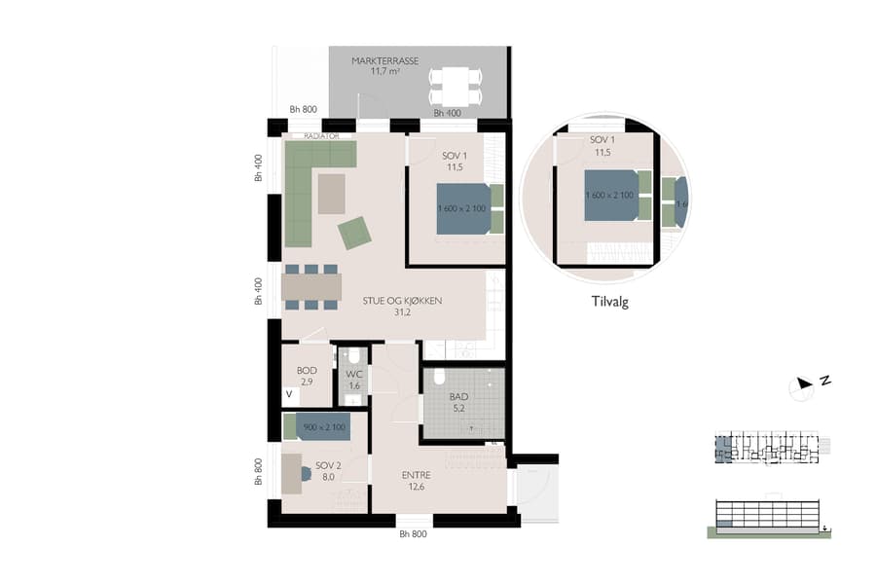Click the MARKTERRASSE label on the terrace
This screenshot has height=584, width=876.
[x=386, y=60]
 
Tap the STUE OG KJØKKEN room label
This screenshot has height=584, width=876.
[x=403, y=302]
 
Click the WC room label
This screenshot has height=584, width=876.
[x=353, y=374]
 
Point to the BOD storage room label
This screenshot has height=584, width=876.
[x=308, y=371]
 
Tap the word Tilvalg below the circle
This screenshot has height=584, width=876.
[x=610, y=302]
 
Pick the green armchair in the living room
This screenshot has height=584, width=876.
[x=354, y=233]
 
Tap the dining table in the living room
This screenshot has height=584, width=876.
[x=311, y=286]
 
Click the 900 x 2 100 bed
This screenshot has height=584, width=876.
[x=322, y=427]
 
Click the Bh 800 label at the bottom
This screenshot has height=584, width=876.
[x=414, y=534]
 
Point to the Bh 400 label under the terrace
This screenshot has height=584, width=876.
[x=447, y=113]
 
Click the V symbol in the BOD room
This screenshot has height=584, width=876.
[x=289, y=395]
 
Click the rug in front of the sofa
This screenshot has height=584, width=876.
[x=331, y=193]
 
